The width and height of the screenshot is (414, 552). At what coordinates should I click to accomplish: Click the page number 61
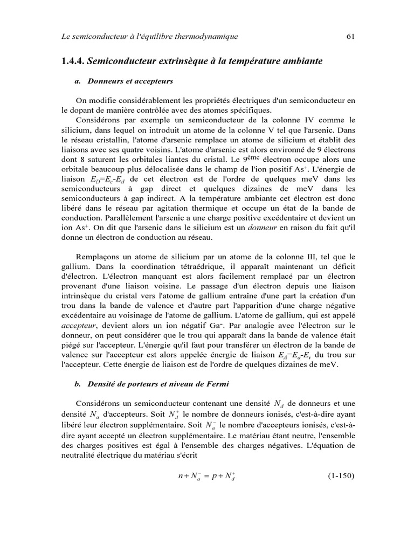[x=349, y=37]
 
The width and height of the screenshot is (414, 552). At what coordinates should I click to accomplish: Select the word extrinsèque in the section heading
[x=175, y=61]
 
